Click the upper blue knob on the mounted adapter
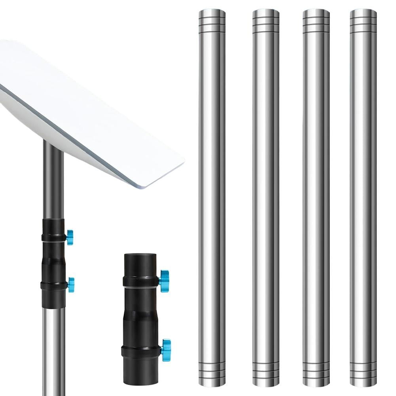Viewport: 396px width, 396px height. point(70,237)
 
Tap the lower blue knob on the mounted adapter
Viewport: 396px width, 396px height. point(71,284)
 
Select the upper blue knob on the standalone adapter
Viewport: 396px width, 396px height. point(164,278)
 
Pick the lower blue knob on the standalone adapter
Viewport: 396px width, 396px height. point(166,347)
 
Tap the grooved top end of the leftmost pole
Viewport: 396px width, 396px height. point(212,20)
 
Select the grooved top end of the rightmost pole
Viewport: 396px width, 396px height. point(363,20)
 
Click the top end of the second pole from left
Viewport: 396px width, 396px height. point(266,20)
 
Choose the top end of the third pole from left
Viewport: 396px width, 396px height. point(316,20)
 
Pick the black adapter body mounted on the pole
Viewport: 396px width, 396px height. point(53,261)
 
